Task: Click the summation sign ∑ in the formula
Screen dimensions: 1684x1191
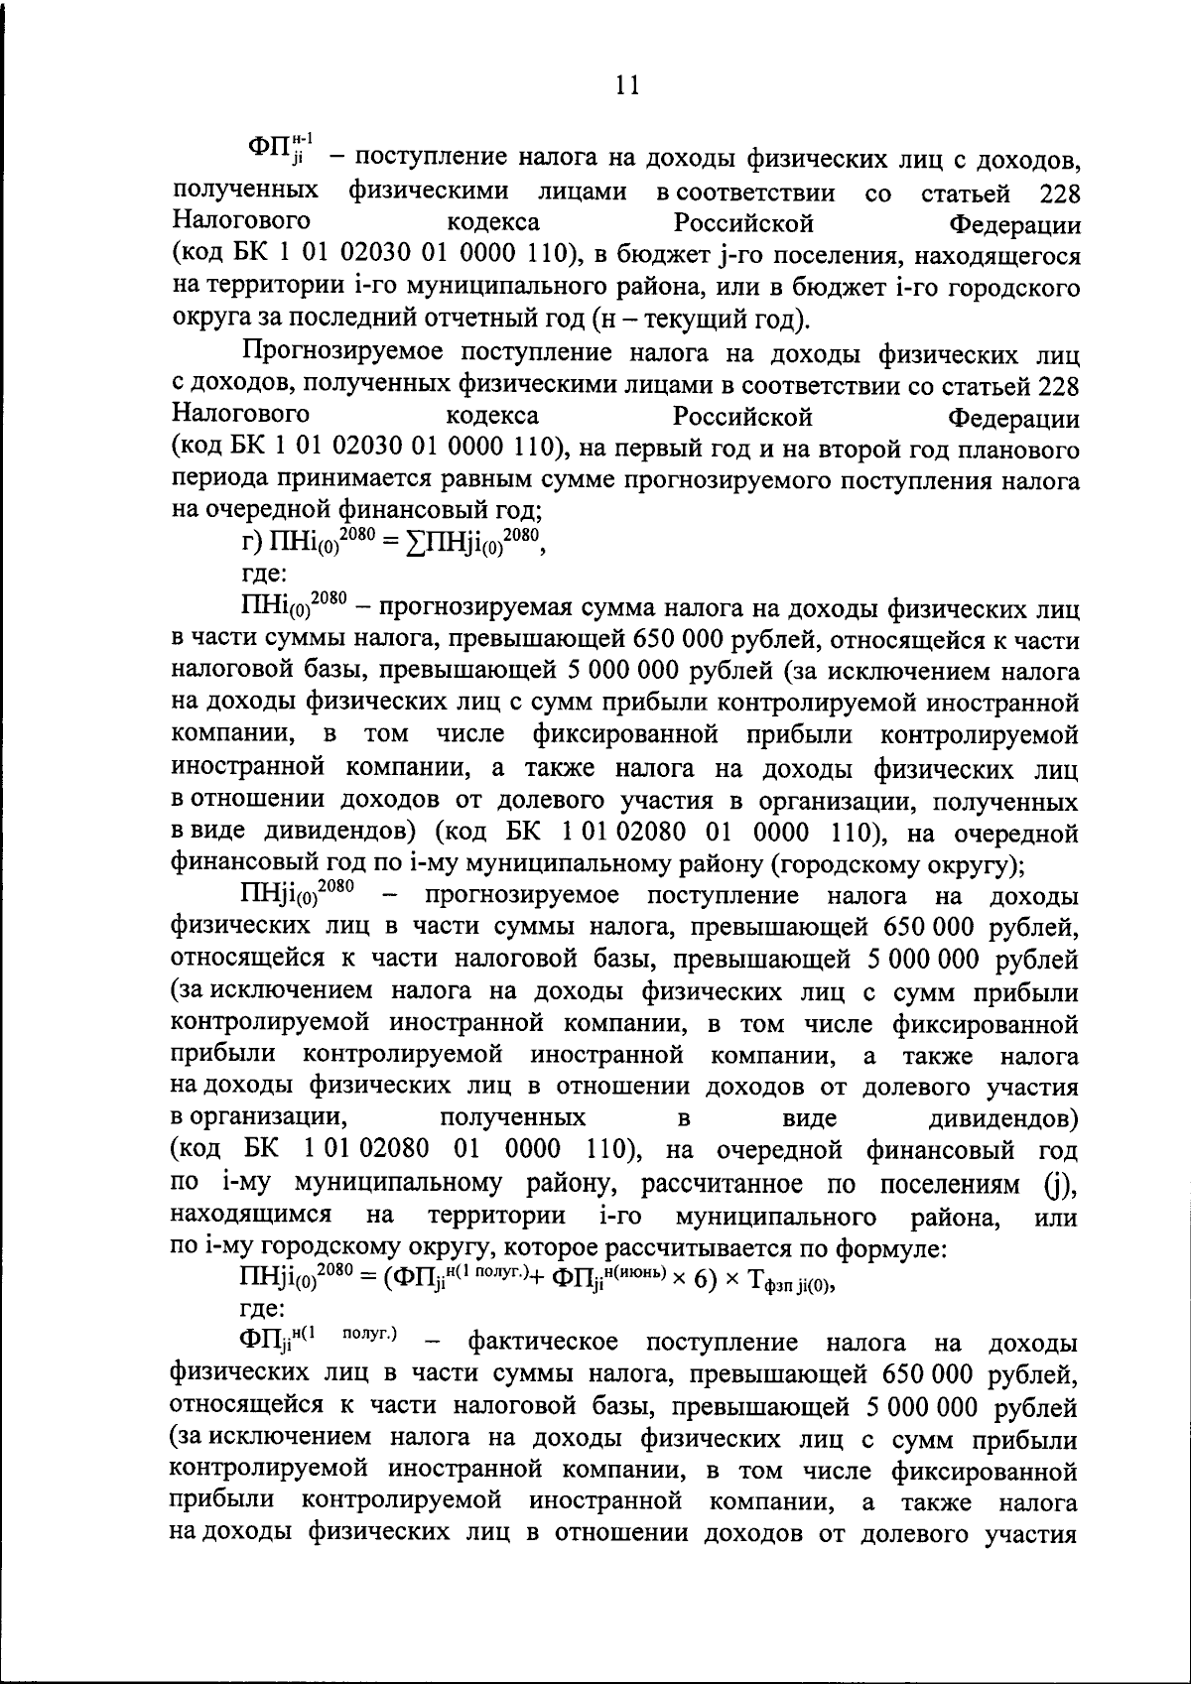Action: (415, 545)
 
